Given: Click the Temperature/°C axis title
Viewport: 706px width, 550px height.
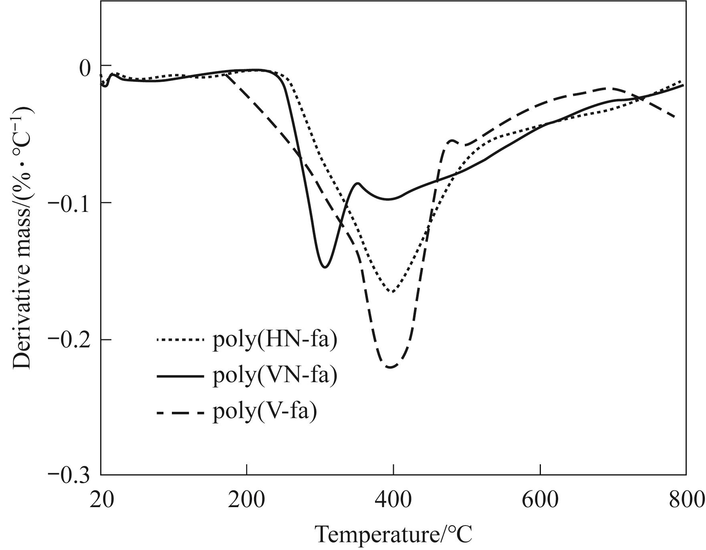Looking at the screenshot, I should pyautogui.click(x=394, y=534).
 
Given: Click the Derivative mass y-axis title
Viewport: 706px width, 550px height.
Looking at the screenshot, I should pyautogui.click(x=23, y=237).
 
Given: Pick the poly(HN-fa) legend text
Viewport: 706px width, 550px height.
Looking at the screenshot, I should pyautogui.click(x=275, y=340).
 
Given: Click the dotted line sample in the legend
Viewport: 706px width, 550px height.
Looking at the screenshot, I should pyautogui.click(x=180, y=340).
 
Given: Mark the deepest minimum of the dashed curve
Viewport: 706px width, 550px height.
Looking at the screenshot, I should pyautogui.click(x=390, y=367).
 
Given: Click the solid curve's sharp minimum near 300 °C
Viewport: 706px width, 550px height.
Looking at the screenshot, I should pyautogui.click(x=325, y=267).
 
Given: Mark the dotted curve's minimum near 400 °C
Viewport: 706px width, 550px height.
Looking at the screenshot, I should pyautogui.click(x=392, y=292).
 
